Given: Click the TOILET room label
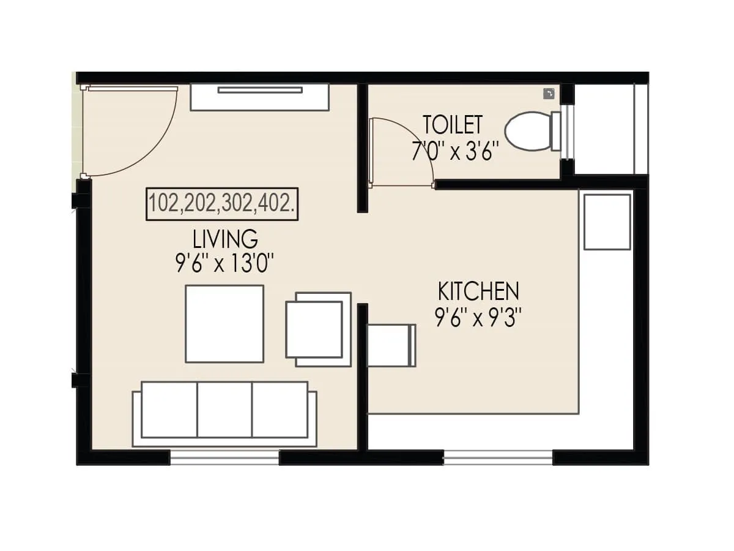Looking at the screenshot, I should [453, 125].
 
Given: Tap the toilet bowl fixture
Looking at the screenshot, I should [527, 131].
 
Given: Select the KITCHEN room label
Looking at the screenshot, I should [478, 291].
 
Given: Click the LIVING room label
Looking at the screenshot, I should [225, 238].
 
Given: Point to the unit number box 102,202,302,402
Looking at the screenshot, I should [222, 204].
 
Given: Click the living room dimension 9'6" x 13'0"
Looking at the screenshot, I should [224, 264].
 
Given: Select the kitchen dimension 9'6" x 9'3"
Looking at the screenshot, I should [478, 318].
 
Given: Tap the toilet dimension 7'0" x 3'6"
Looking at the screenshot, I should [456, 151].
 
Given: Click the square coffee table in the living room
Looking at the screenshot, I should [224, 324].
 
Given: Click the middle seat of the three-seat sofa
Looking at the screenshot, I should [224, 410].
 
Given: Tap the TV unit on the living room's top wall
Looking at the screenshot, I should [259, 97].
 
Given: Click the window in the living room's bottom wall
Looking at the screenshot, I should [224, 457].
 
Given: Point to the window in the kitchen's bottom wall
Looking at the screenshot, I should [498, 457].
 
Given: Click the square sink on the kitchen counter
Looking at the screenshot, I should [607, 222].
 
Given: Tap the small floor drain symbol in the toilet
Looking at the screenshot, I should [549, 93].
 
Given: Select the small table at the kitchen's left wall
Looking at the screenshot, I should [390, 345].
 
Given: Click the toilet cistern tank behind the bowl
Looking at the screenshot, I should [556, 131].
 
